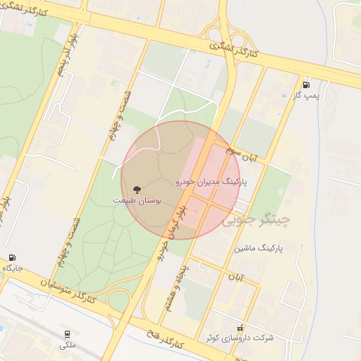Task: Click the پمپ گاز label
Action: pos(307,94)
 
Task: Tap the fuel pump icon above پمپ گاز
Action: pos(306,83)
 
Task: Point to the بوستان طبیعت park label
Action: pos(137,201)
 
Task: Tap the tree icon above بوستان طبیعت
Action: pos(136,189)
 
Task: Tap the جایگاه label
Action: pos(12,269)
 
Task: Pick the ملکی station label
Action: pos(67,345)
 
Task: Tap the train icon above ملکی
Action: pos(67,334)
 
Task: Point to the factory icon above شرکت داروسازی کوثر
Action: pos(240,327)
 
